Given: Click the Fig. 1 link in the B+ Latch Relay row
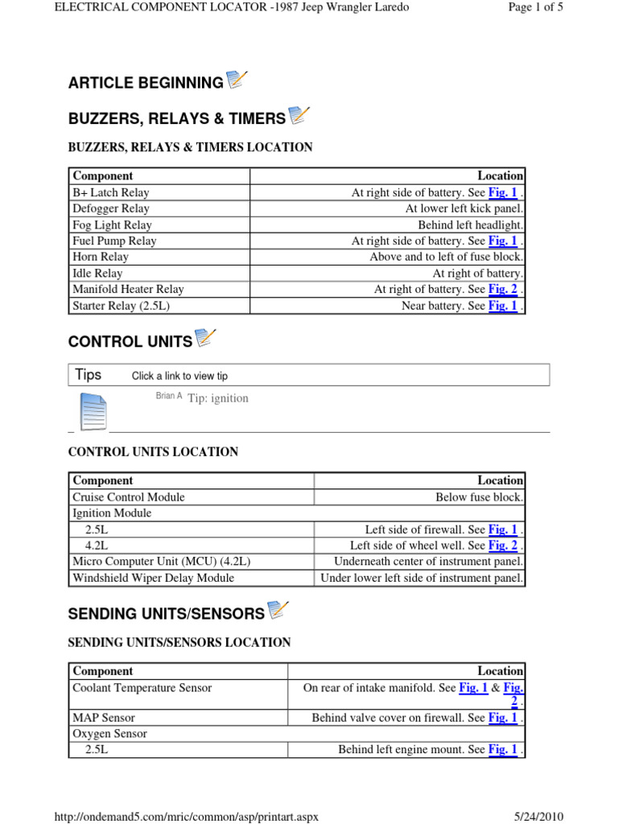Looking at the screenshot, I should coord(502,193).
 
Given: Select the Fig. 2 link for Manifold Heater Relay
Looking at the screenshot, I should coord(502,290).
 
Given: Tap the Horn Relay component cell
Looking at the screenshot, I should coord(101,257).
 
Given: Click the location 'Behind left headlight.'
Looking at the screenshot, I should coord(471,225).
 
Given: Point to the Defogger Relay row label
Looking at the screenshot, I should coord(111,209).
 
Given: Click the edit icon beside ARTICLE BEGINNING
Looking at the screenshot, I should coord(237,80).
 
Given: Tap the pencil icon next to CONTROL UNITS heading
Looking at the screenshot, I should coord(206,339).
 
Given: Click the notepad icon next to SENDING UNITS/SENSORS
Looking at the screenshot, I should coord(278,611).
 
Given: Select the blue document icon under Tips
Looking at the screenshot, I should coord(93,411).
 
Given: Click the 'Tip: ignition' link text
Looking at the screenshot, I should coord(218,398).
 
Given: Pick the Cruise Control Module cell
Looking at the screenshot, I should coord(129,497).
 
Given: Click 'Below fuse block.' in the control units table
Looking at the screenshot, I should coord(480,497).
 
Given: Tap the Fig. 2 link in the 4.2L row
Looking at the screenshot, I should coord(502,546).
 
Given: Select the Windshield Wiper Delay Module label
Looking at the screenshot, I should coord(154,578).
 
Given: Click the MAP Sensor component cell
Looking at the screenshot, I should coord(104,718).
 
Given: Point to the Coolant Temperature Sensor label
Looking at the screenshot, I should coord(142,688).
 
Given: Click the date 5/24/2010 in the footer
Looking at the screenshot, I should coord(540,816).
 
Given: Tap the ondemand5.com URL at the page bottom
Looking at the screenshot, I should coord(186,816).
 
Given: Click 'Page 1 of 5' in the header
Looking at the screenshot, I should coord(535,7).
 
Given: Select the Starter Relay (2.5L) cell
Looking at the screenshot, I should coord(122,306).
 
